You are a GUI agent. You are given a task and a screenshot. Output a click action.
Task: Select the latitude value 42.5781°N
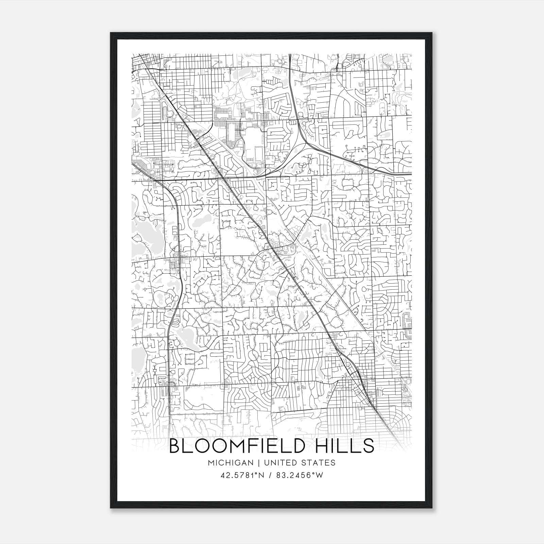[x=242, y=475]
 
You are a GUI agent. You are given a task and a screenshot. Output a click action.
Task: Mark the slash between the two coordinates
[x=270, y=475]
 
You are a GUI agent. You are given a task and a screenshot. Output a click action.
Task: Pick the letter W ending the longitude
[x=319, y=475]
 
